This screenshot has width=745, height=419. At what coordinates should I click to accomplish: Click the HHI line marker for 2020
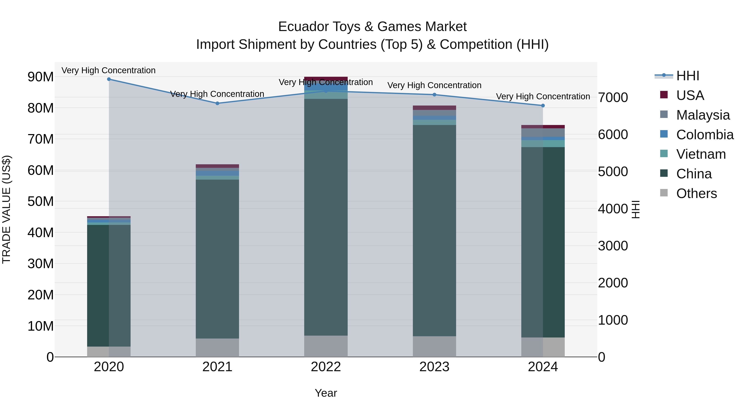pos(109,79)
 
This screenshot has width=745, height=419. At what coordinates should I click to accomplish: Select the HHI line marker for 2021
pos(217,103)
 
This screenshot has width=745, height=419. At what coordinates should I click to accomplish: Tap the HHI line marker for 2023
pos(434,95)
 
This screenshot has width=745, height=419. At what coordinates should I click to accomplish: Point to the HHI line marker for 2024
pos(543,106)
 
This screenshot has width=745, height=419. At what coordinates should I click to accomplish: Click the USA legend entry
pos(690,95)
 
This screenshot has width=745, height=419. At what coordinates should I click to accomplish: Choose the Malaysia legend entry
pos(703,115)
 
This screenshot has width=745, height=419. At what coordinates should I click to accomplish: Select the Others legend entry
pos(696,193)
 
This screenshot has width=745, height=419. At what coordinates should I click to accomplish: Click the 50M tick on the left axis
pos(41,202)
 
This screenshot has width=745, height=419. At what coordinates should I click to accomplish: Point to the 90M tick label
pos(41,77)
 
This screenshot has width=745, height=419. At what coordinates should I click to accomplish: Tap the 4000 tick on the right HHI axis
pos(613,209)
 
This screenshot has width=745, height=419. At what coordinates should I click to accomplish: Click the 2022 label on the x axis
pos(326,367)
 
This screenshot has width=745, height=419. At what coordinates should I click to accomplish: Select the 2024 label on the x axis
pos(543,367)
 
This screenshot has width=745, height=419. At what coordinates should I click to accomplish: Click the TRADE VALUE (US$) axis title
pos(7,209)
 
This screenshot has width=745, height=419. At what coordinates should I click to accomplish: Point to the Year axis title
pos(326,393)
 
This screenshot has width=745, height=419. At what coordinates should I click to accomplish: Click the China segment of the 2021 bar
pos(217,259)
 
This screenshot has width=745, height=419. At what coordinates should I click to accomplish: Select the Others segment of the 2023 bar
pos(434,346)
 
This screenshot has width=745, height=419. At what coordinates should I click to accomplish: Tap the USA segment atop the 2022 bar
pos(326,78)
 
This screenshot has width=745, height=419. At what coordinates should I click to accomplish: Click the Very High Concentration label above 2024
pos(543,96)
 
